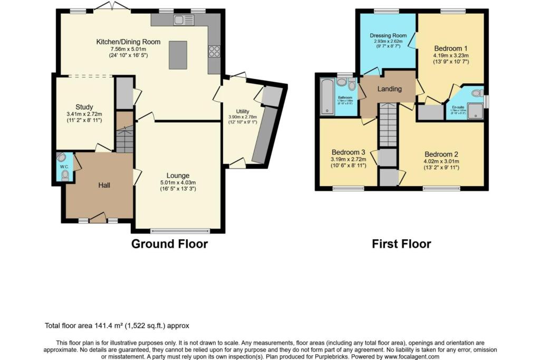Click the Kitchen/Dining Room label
pyautogui.click(x=128, y=42)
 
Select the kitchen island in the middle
pyautogui.click(x=178, y=55)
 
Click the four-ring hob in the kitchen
pyautogui.click(x=215, y=51)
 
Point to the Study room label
pyautogui.click(x=84, y=107)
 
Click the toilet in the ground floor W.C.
pyautogui.click(x=65, y=176)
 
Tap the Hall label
pyautogui.click(x=104, y=185)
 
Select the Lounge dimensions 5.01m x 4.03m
pyautogui.click(x=178, y=182)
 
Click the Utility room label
pyautogui.click(x=242, y=111)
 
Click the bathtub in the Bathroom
pyautogui.click(x=327, y=96)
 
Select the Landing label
pyautogui.click(x=389, y=89)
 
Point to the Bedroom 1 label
pyautogui.click(x=450, y=48)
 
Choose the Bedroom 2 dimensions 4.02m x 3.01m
pyautogui.click(x=441, y=161)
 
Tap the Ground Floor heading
pyautogui.click(x=169, y=244)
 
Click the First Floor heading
pyautogui.click(x=401, y=244)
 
